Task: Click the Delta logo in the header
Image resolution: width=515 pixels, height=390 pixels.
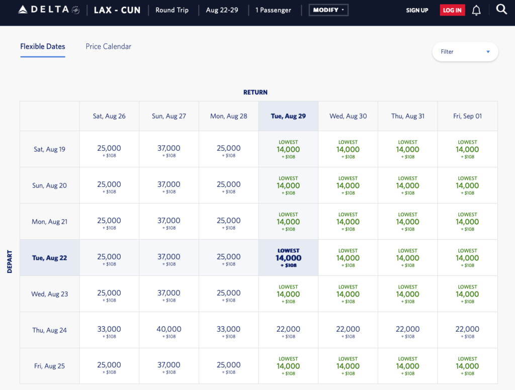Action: coord(48,10)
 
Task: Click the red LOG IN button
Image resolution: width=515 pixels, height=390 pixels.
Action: coord(452,11)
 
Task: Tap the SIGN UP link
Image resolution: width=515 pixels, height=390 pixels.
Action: coord(417,11)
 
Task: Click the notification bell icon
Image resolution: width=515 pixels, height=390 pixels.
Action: coord(476,11)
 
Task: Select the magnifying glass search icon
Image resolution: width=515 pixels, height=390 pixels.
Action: coord(501,10)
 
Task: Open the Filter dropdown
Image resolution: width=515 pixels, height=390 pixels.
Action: coord(465,52)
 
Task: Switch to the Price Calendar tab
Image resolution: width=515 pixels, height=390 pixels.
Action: coord(108,46)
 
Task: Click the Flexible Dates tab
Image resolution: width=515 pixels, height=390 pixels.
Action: coord(43,46)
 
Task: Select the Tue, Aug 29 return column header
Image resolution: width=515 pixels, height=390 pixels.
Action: coord(288,116)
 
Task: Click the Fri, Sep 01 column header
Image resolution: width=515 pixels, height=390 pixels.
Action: coord(467,116)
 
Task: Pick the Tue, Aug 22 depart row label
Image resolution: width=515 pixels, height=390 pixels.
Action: coord(49,258)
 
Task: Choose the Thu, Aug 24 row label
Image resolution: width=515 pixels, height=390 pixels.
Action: coord(49,330)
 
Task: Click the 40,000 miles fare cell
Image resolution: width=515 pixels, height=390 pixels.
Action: coord(169,330)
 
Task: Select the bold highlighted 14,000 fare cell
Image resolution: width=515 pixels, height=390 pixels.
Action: coord(288,258)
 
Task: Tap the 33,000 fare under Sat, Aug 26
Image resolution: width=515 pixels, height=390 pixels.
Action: coord(109,330)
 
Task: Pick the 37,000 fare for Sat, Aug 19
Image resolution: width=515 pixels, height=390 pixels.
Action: coord(169,149)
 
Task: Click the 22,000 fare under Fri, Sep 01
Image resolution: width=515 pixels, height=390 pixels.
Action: coord(467,330)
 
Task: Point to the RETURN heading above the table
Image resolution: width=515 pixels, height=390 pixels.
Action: coord(255,92)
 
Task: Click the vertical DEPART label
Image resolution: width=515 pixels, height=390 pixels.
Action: coord(10,261)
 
